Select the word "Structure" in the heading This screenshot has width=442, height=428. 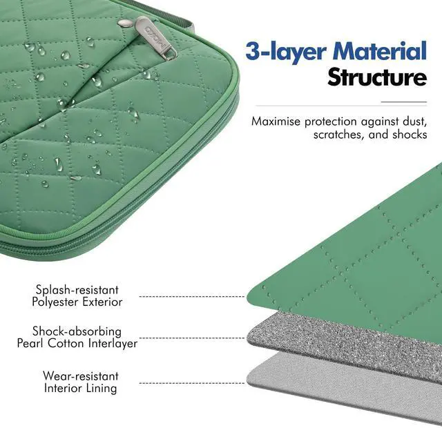point(376,78)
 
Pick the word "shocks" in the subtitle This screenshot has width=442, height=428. point(409,135)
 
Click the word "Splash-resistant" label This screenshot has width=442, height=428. point(77,291)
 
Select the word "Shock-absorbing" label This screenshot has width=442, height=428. point(77,331)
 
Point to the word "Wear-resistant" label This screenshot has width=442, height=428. point(81,376)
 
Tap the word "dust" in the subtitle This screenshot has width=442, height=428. point(412,121)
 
